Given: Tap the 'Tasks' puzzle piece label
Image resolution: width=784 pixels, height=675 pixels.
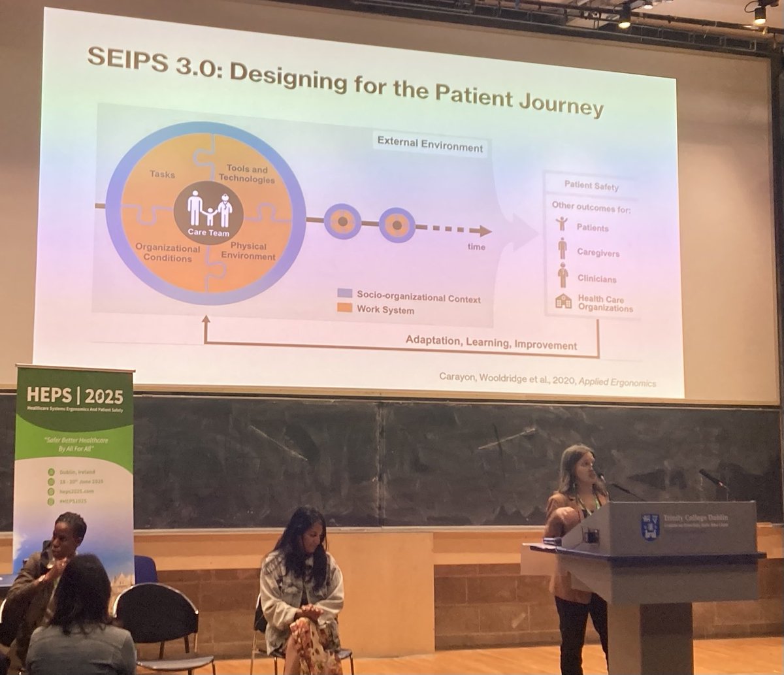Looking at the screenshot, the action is (162, 174).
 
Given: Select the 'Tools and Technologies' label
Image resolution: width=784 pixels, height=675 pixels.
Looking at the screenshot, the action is (246, 174).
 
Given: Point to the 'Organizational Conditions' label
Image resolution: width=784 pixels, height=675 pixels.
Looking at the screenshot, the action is (168, 253).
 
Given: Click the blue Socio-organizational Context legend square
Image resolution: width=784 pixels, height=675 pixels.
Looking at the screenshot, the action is (345, 293).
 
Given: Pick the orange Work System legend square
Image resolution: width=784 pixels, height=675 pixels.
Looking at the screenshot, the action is (345, 307).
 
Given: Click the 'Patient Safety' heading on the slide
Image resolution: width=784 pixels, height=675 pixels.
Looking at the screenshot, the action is (591, 186).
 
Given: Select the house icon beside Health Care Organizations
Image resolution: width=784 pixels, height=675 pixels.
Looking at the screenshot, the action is (563, 301).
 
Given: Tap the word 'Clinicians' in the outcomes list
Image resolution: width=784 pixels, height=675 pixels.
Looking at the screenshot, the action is (596, 278).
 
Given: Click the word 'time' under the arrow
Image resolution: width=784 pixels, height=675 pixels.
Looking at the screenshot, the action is (476, 246).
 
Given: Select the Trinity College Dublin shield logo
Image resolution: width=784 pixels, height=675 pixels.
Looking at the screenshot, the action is (650, 527).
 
